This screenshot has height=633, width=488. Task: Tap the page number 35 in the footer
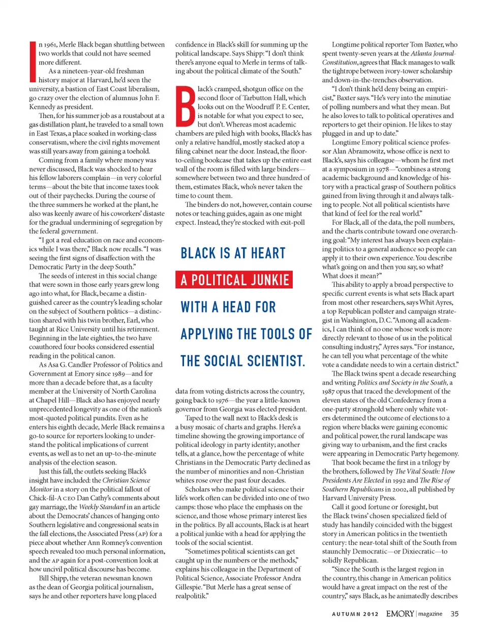pyautogui.click(x=454, y=614)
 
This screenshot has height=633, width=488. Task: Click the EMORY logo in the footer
pyautogui.click(x=400, y=614)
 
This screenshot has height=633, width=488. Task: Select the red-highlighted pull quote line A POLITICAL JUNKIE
pyautogui.click(x=234, y=280)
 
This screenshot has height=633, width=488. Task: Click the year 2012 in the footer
pyautogui.click(x=371, y=614)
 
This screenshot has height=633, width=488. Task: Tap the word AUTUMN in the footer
pyautogui.click(x=346, y=614)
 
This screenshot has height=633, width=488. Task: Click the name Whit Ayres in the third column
pyautogui.click(x=439, y=302)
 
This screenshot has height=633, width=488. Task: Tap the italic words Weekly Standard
pyautogui.click(x=102, y=507)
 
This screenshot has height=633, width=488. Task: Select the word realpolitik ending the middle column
pyautogui.click(x=192, y=596)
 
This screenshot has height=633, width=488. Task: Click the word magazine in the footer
pyautogui.click(x=430, y=614)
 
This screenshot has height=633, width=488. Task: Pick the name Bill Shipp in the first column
pyautogui.click(x=53, y=578)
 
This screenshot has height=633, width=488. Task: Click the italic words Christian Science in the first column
pyautogui.click(x=126, y=480)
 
